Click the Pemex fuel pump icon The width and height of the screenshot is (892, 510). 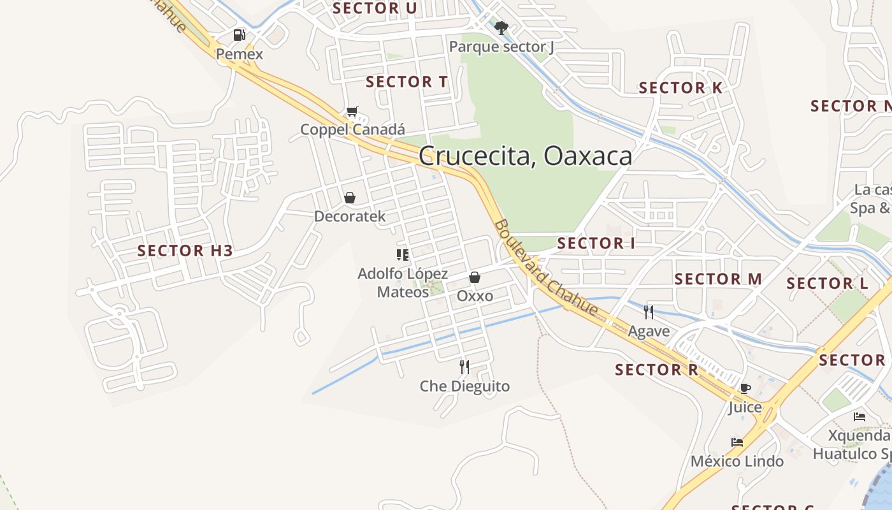tap(239, 35)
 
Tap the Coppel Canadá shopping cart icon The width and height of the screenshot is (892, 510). tap(352, 112)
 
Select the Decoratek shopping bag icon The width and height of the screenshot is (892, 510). tap(349, 198)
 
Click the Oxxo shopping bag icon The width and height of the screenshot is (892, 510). tap(474, 277)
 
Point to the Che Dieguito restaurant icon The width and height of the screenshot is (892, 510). tap(464, 367)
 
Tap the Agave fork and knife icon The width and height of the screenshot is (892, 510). tap(649, 312)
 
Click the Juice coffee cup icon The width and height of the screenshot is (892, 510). tap(745, 388)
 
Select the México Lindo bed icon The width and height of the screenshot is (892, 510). tap(737, 442)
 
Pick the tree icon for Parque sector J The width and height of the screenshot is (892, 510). tap(501, 28)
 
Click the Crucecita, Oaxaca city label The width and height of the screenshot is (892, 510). tap(526, 156)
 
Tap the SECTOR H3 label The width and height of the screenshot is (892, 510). tap(185, 251)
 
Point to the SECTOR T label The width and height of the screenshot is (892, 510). tap(406, 82)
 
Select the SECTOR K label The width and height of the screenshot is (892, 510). tap(680, 88)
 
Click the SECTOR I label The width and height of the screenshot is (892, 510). tap(596, 243)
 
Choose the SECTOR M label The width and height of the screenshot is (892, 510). tap(718, 279)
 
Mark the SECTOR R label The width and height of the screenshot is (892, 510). tap(656, 370)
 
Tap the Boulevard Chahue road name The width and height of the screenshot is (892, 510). tap(546, 268)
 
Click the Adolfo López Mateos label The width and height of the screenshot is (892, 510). tap(403, 283)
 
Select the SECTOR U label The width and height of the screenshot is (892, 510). tap(375, 8)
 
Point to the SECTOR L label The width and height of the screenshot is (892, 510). tap(827, 283)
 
